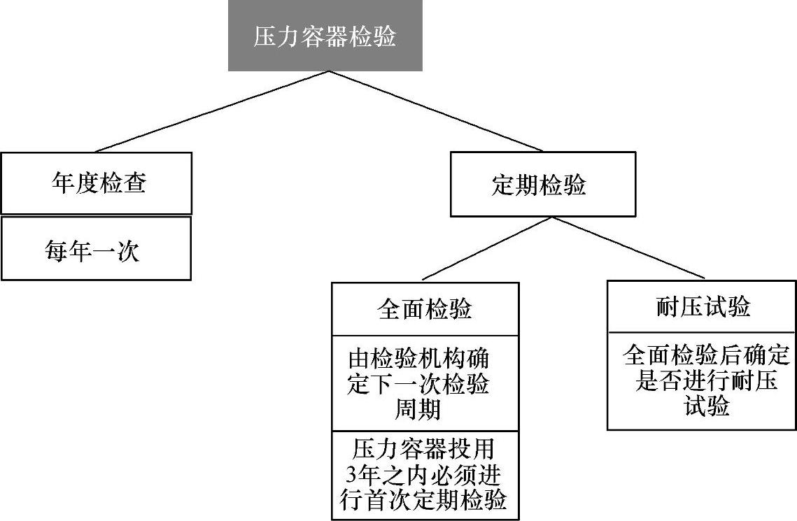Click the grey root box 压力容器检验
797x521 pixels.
click(x=325, y=36)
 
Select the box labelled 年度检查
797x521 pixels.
click(x=96, y=183)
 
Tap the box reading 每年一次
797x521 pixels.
click(x=96, y=249)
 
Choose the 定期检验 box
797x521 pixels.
click(x=543, y=185)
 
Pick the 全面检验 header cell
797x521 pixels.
click(x=425, y=309)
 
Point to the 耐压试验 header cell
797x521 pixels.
click(x=702, y=307)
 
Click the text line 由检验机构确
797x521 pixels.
click(x=418, y=361)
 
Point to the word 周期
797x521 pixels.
click(x=418, y=409)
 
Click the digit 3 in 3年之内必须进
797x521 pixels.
click(x=352, y=475)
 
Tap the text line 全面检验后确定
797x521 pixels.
click(x=705, y=357)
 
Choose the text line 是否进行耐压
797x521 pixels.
click(x=705, y=382)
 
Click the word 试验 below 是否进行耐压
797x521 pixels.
click(x=707, y=406)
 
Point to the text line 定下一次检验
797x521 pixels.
click(x=418, y=385)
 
